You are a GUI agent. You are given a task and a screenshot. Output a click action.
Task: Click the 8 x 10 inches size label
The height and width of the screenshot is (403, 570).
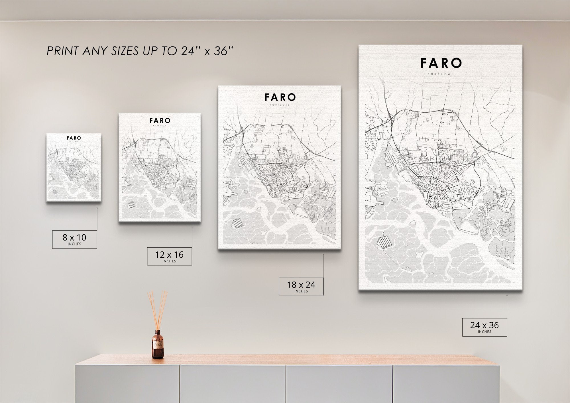pos(74,239)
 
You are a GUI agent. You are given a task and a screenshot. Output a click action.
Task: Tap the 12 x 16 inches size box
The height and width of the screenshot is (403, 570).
pos(169,257)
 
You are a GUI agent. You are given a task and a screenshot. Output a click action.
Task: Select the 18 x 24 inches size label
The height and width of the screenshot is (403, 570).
pos(301,286)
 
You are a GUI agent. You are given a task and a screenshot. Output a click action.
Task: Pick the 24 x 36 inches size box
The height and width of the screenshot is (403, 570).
pos(484,327)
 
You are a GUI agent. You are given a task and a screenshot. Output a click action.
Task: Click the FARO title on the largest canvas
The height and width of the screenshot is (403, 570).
pos(441,63)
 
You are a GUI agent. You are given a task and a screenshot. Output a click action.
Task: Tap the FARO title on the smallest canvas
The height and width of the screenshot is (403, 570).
pos(74,138)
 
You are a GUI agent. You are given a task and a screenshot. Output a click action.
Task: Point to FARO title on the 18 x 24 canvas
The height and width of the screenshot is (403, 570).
pos(280,97)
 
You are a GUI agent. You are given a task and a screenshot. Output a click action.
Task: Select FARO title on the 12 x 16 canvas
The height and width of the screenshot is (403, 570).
pos(160,121)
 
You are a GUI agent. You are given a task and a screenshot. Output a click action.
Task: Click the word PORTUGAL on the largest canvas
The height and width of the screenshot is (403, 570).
pos(440,74)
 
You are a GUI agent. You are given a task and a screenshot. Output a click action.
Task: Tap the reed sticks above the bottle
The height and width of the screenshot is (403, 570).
pos(157,309)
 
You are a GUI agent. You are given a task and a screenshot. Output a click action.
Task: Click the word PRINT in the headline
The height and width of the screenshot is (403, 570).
pos(63,51)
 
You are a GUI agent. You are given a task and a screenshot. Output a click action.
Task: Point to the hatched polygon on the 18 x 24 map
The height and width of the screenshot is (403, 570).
pos(238,223)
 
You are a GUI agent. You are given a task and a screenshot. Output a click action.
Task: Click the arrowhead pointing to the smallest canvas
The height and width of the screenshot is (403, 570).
pos(97,208)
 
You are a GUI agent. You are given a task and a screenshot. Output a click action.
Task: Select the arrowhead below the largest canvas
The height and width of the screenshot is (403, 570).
pos(507,296)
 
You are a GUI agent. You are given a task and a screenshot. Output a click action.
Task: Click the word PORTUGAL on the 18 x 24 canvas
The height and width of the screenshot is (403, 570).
pos(280,105)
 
